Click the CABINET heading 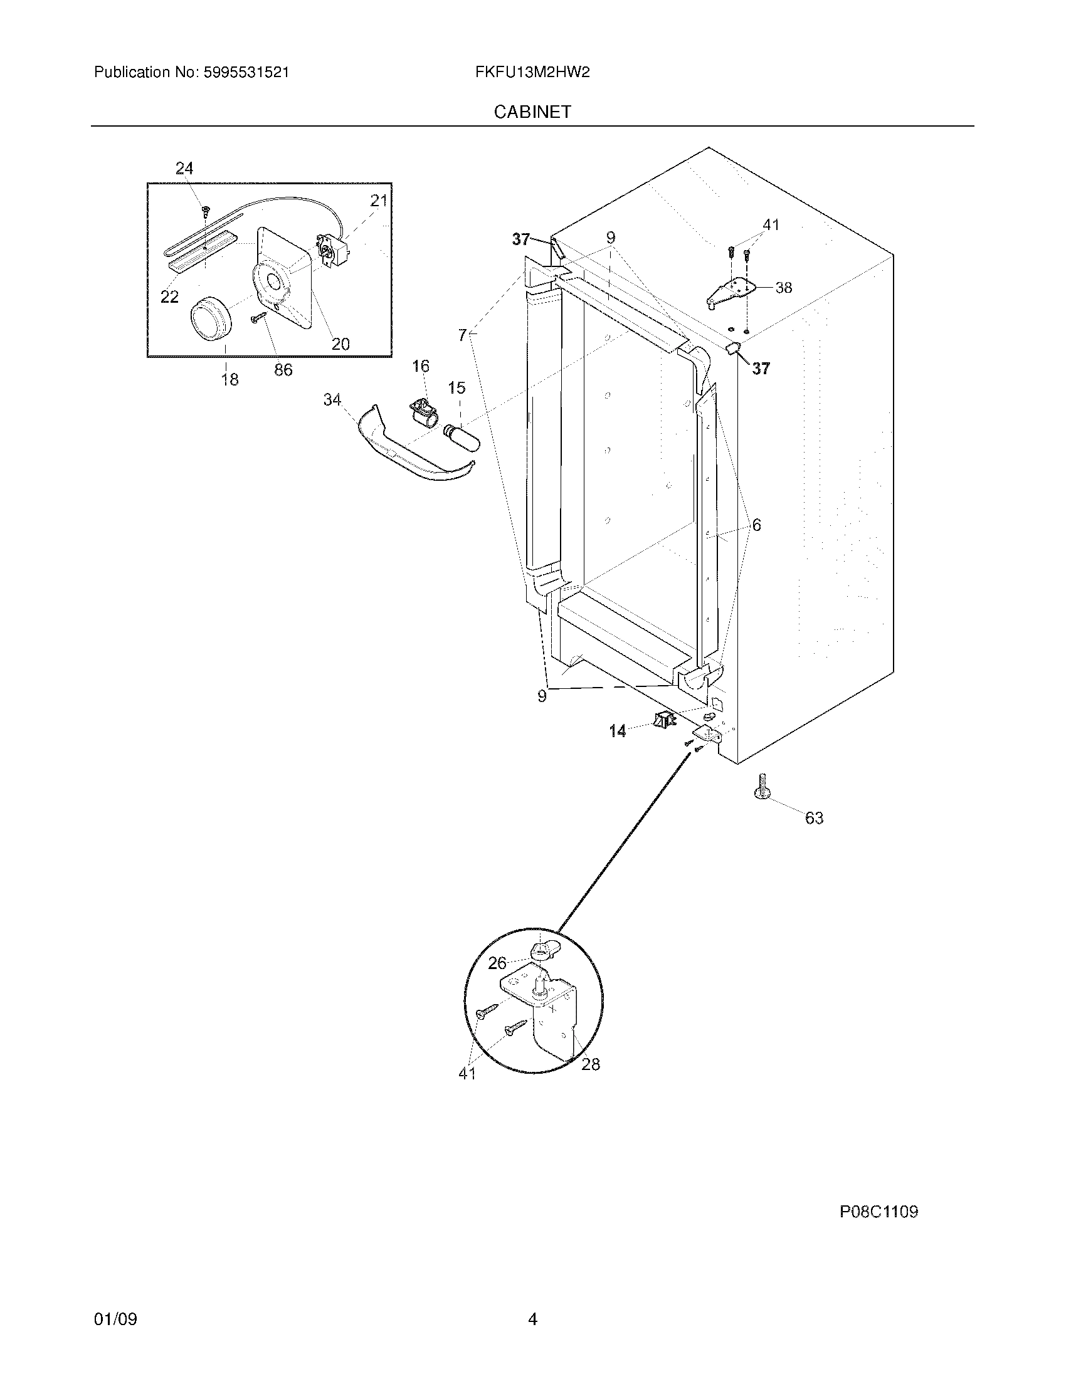532,112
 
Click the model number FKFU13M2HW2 532,73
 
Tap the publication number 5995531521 246,73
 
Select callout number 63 814,818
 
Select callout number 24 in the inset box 184,168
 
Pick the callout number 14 618,731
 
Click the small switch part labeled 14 663,719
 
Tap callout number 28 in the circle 591,1064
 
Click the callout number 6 756,525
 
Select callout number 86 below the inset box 283,370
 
